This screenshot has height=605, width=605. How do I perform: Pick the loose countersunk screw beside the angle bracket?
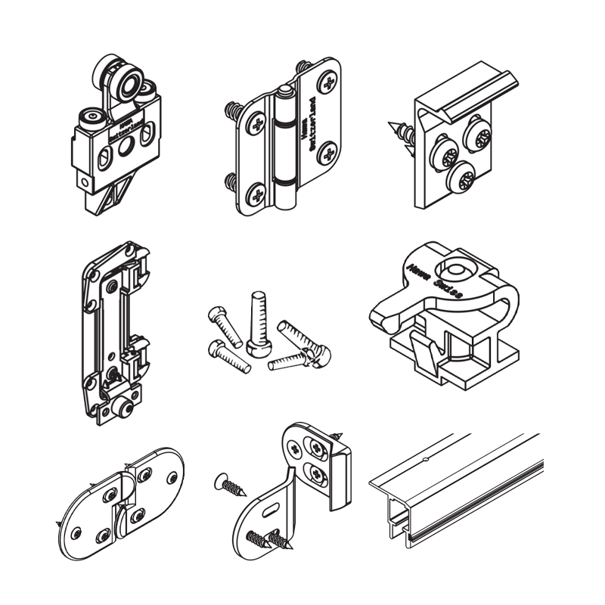[x=231, y=485]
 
